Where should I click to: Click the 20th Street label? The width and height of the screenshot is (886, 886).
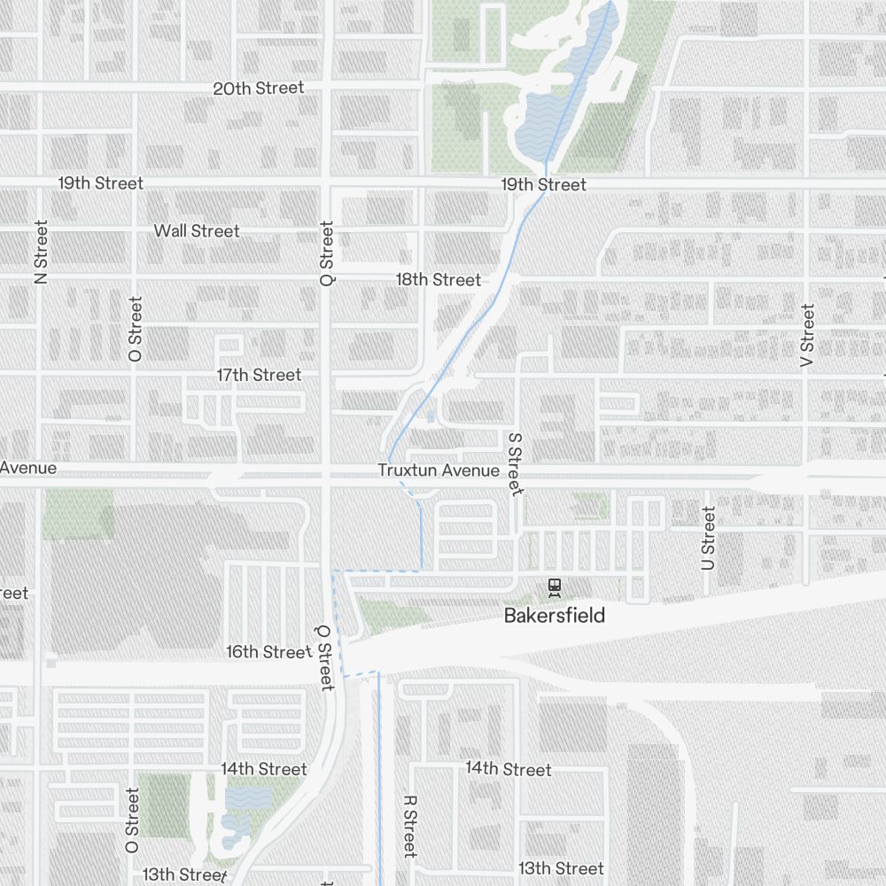258,88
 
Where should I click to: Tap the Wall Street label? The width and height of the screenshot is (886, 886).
197,230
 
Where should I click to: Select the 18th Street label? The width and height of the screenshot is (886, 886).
438,279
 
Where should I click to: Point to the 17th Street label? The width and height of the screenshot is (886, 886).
259,375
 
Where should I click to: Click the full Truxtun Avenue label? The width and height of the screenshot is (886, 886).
438,470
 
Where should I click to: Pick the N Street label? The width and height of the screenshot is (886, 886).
41,252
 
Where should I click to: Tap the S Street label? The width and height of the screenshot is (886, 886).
514,463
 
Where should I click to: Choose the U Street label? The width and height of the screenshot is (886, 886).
708,538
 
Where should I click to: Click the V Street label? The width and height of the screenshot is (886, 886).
806,336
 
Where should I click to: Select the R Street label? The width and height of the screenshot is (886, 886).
409,825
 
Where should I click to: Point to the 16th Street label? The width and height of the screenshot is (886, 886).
267,652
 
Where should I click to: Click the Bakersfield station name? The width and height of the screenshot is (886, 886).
555,615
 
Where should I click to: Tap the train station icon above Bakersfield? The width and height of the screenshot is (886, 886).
555,586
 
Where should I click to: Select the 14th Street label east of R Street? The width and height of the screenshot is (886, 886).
509,769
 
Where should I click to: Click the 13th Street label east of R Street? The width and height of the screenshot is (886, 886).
561,868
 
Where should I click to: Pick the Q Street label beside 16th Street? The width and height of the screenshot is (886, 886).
324,656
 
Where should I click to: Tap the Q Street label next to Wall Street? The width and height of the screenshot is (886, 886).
327,253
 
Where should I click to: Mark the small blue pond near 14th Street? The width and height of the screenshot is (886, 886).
248,798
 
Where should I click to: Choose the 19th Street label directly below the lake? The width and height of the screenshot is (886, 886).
543,184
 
